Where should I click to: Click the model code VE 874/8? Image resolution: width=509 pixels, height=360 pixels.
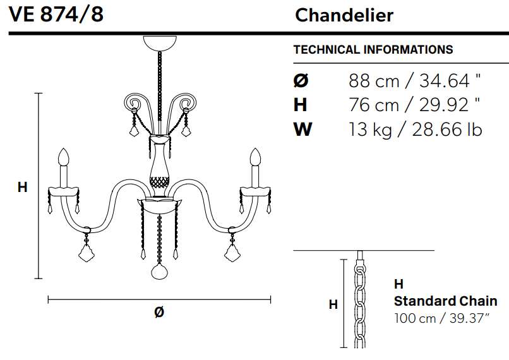(x=56, y=15)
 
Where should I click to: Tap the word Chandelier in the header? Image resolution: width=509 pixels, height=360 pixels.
(x=344, y=15)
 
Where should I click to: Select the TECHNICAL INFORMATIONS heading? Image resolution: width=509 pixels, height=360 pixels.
(x=373, y=50)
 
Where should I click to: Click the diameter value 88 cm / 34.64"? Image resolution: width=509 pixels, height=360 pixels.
(x=414, y=80)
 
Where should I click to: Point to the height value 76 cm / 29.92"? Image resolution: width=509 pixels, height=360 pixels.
(x=414, y=105)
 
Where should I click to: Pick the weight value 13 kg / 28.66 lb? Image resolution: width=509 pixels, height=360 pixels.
(x=416, y=129)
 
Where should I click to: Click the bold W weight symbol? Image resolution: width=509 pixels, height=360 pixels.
(x=303, y=129)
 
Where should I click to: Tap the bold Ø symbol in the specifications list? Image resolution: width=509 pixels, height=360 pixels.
(x=301, y=80)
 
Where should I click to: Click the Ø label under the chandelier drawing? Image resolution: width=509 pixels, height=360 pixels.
(x=159, y=312)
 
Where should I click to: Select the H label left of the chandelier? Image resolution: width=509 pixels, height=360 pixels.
(x=22, y=188)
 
